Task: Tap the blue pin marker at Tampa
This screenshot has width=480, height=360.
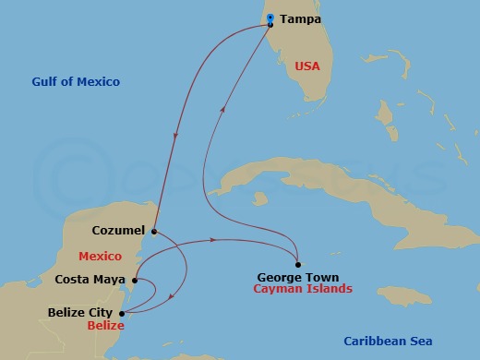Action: click(x=270, y=18)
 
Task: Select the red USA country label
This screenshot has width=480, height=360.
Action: click(x=306, y=66)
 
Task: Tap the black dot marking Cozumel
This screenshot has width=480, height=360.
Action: click(x=154, y=232)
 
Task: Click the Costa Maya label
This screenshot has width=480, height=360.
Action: click(x=90, y=279)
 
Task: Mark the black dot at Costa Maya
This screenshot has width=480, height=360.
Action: click(x=136, y=280)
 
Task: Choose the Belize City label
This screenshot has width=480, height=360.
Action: click(x=80, y=313)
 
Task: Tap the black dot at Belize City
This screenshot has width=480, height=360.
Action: click(x=122, y=313)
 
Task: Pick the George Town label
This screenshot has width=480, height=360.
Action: click(x=297, y=277)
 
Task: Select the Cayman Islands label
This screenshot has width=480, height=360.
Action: click(x=302, y=289)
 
